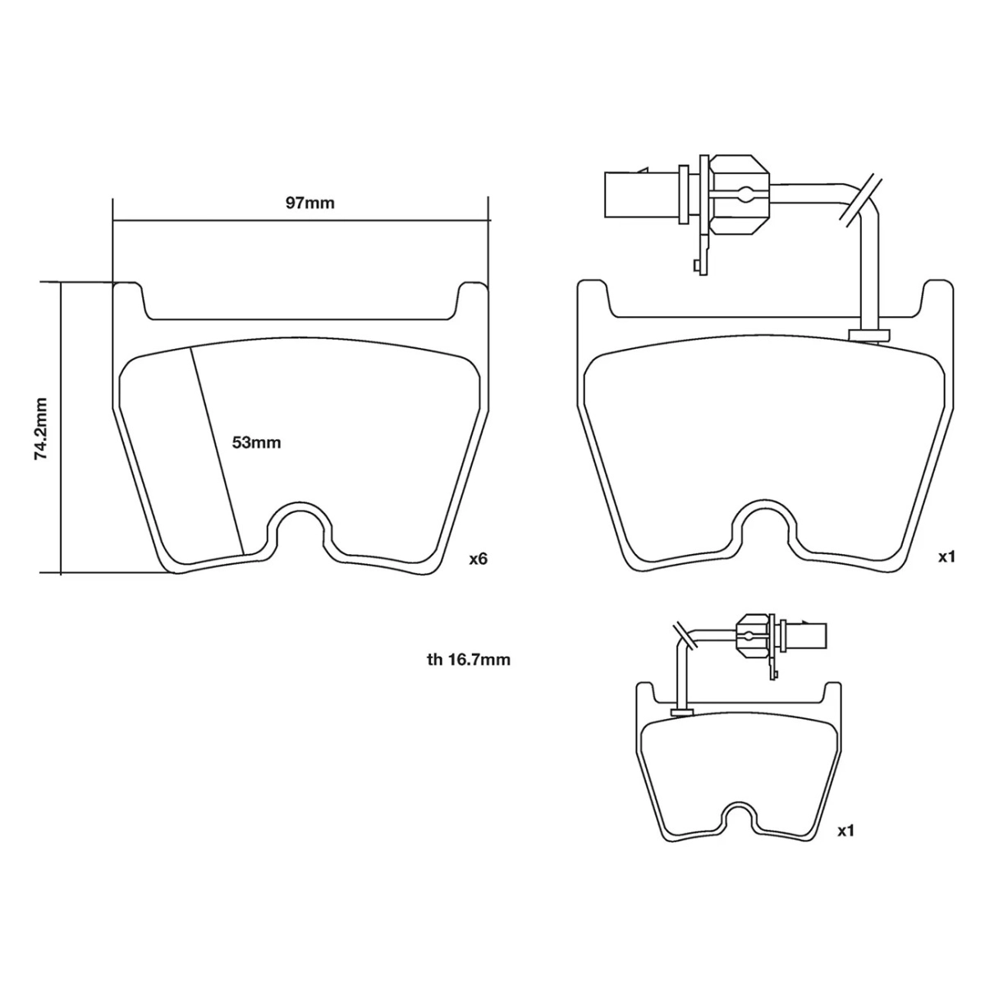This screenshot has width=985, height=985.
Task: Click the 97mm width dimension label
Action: coord(309,203)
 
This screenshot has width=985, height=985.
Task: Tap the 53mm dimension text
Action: coord(256,442)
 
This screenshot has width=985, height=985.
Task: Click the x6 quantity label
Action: coord(478,559)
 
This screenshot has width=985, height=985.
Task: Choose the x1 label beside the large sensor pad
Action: coord(947,557)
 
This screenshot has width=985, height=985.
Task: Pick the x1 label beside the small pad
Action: coord(845,831)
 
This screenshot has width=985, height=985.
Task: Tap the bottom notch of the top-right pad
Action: coord(763,529)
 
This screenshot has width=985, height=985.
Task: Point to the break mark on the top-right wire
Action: coord(859,199)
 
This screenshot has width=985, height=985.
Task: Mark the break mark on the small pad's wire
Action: coord(684,635)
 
